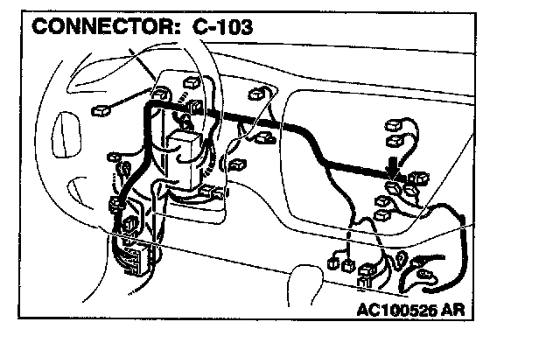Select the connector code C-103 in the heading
(218, 27)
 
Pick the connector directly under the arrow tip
(396, 187)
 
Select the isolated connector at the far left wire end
(102, 110)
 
